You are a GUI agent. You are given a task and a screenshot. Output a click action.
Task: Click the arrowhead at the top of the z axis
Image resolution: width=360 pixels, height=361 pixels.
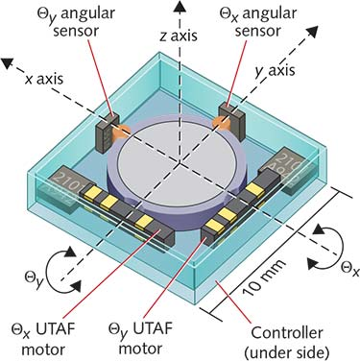coord(179,7)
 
